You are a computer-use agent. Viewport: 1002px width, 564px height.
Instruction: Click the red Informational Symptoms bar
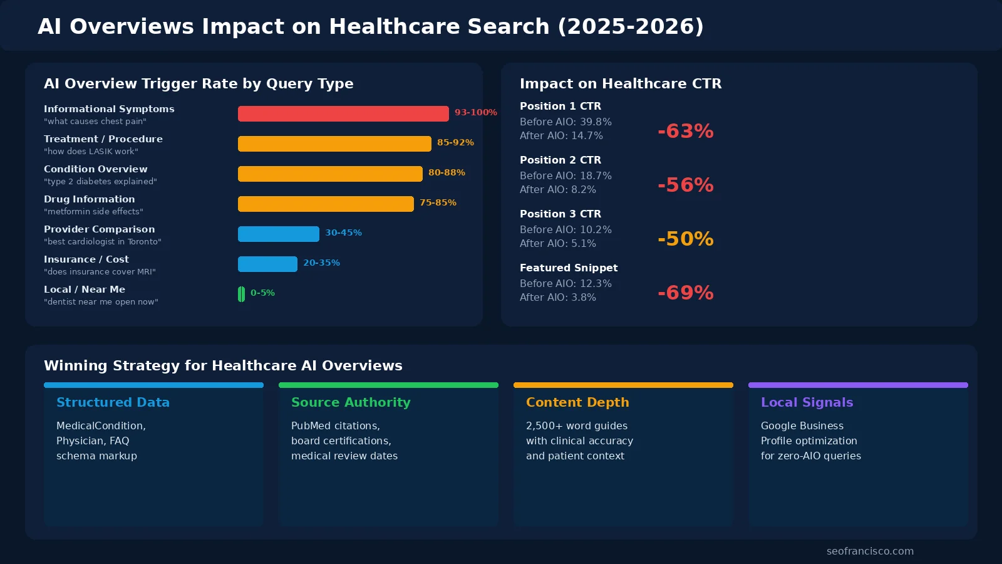[343, 113]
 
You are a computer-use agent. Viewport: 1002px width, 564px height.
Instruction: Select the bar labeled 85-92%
[334, 144]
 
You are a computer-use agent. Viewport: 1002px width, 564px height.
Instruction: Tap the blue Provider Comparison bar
[279, 234]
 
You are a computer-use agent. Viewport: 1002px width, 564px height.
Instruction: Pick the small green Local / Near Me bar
[241, 294]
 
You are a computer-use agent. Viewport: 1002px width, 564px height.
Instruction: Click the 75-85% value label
[438, 202]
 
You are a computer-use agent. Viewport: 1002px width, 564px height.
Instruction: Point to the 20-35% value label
[321, 263]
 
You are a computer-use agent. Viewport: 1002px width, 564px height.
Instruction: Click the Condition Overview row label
[96, 169]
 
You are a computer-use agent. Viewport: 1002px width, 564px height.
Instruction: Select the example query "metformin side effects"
[93, 212]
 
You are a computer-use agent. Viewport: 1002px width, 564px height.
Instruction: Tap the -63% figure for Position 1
[685, 131]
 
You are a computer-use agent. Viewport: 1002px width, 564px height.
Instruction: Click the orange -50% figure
[685, 239]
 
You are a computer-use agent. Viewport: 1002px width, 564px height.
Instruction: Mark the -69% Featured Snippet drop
[685, 293]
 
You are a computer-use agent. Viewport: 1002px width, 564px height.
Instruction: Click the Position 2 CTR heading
[560, 160]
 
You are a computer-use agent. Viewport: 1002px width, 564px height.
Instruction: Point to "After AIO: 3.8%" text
[557, 298]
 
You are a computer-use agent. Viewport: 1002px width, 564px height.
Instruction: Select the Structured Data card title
[113, 402]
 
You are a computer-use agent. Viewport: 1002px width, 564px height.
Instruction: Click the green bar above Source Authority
[388, 385]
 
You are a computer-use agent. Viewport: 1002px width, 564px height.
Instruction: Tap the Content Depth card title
[577, 402]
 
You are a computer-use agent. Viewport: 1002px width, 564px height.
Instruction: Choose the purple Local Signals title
[807, 402]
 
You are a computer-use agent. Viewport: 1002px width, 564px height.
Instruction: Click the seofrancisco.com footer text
[870, 551]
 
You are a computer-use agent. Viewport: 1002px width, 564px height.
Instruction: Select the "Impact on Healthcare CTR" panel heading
[620, 83]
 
